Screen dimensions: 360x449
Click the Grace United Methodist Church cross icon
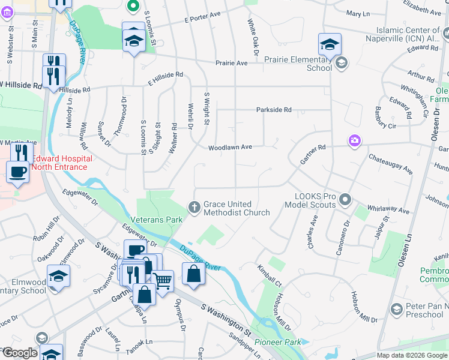194,208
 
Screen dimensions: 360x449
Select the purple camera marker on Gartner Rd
355,140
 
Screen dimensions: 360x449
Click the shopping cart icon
162,279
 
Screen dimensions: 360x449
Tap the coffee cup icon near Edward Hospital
17,172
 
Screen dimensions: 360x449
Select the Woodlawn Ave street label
230,147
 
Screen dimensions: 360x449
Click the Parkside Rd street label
273,110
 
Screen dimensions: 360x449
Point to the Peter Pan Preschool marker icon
396,309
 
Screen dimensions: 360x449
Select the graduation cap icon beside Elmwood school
58,275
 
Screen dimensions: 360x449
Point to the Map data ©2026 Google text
412,355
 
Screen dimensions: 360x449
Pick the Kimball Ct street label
269,274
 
